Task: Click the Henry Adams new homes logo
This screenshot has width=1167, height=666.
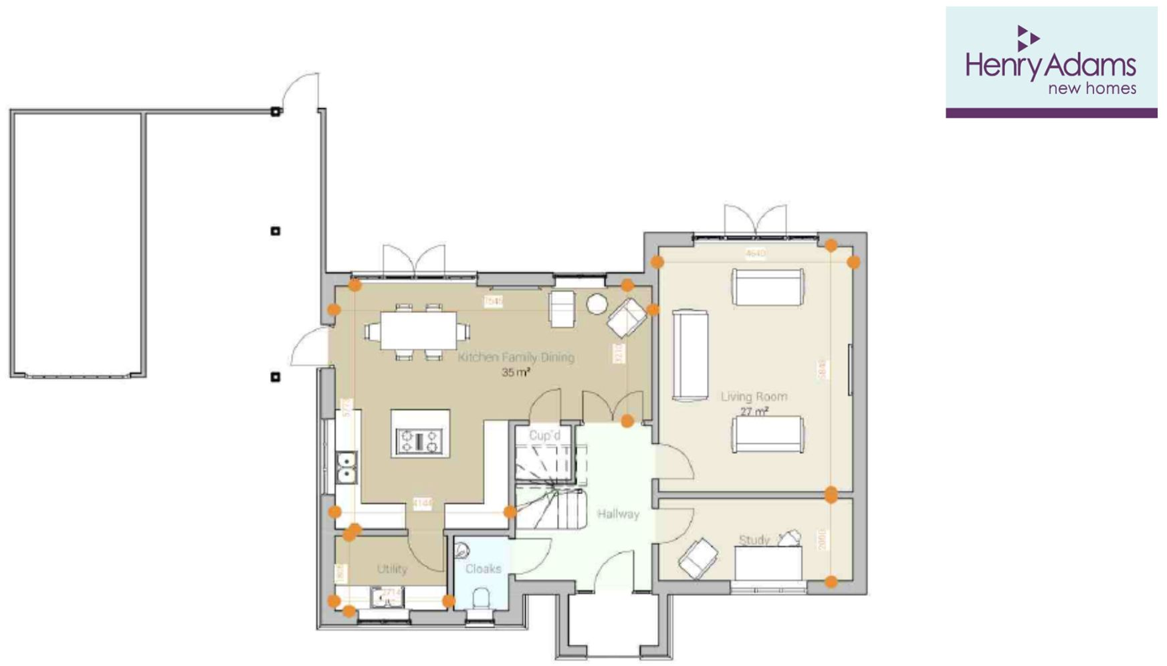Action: [1051, 62]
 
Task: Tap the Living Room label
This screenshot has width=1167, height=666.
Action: [754, 397]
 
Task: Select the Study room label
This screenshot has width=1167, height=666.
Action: [754, 540]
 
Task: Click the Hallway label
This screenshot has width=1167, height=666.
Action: [618, 514]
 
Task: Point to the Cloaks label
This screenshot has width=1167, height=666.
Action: [483, 568]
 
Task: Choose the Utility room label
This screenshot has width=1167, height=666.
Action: [392, 568]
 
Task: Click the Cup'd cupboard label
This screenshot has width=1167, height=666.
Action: [544, 435]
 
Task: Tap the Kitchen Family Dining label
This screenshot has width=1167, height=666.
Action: [516, 357]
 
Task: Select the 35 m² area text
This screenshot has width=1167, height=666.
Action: [516, 372]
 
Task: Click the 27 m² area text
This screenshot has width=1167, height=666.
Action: [754, 412]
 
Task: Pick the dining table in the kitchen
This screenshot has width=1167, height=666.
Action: [419, 331]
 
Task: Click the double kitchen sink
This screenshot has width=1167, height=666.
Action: [346, 467]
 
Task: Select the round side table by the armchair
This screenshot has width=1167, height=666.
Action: [597, 304]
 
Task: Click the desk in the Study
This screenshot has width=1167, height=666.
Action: [769, 563]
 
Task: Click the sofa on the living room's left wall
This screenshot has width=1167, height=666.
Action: [690, 354]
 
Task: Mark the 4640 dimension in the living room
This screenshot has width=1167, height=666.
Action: [755, 253]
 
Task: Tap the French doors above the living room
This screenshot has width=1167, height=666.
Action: [755, 221]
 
